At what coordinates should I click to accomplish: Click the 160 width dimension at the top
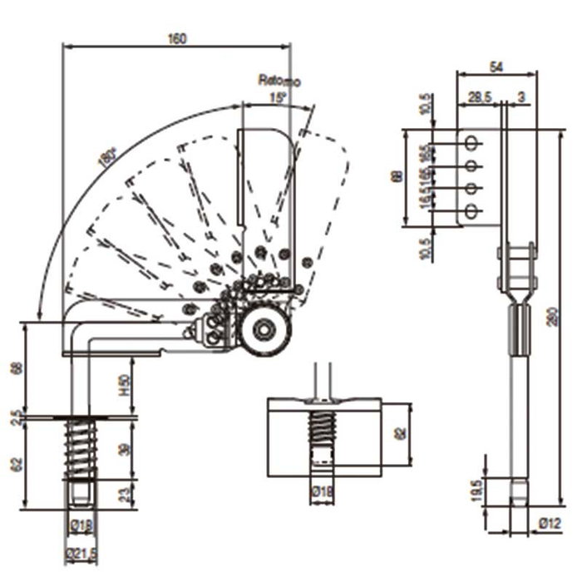click(x=176, y=38)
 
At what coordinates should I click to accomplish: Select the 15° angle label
click(x=277, y=98)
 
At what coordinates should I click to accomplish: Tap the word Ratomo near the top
click(x=279, y=81)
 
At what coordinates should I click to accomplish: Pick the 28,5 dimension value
click(x=478, y=97)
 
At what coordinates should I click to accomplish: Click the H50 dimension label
click(x=125, y=385)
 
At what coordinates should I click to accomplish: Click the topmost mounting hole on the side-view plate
click(x=471, y=142)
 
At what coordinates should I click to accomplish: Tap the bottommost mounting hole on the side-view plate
click(x=471, y=211)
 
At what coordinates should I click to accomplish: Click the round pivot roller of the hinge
click(x=264, y=331)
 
